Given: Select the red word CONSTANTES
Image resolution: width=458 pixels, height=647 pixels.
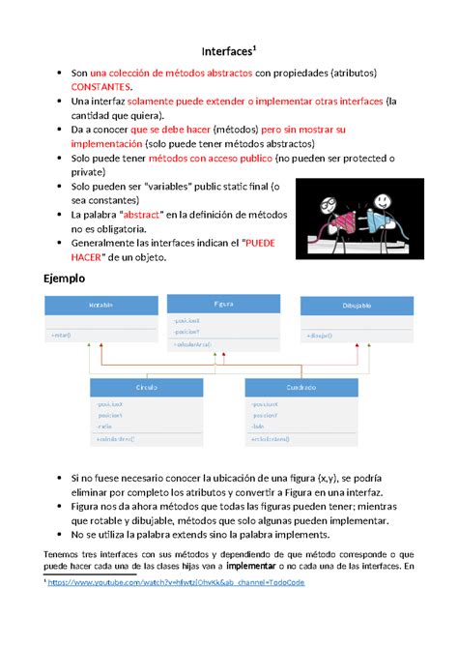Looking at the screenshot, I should coord(100,87).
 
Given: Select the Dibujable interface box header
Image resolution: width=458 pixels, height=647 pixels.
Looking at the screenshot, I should coord(356,306).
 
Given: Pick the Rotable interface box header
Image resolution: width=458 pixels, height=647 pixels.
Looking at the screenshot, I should coord(100,306).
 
